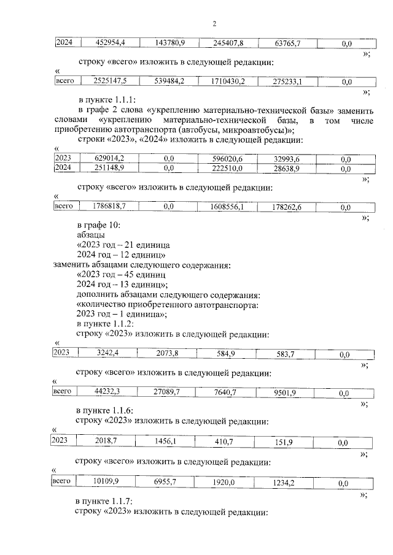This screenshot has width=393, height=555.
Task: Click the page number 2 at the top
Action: pos(214,24)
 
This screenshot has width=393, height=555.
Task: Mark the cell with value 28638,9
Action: pos(287,168)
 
